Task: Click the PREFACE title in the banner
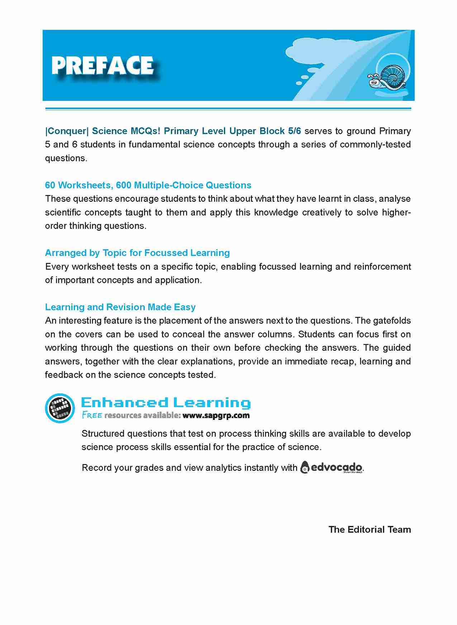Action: [103, 66]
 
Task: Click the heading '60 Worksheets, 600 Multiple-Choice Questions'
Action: [148, 185]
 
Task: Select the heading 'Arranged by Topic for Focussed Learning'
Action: [137, 253]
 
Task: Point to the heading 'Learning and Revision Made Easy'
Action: [120, 307]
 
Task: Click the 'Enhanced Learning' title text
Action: [166, 403]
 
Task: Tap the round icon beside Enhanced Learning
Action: [60, 408]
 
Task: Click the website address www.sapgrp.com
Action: [216, 416]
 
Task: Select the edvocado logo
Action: [332, 467]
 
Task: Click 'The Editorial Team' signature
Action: [370, 530]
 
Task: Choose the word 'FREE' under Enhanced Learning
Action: [92, 415]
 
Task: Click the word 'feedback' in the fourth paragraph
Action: [63, 375]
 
